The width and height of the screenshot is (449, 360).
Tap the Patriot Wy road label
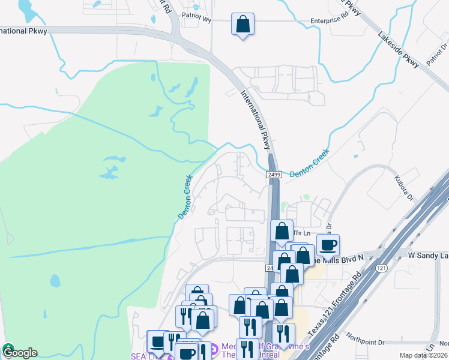point(197,19)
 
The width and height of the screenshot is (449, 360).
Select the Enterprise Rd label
point(330,20)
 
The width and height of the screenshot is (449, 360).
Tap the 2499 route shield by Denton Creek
point(274,174)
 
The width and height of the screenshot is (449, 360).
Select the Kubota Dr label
point(405,186)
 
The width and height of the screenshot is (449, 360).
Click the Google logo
point(19,352)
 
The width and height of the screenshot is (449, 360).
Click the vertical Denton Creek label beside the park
point(185,197)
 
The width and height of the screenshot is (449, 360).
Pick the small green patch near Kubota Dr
point(307,196)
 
